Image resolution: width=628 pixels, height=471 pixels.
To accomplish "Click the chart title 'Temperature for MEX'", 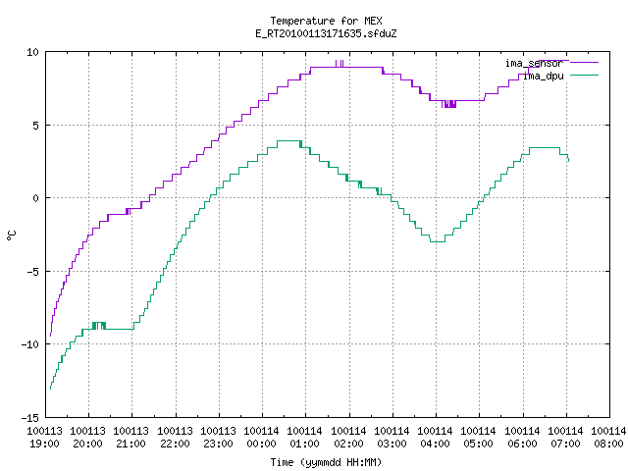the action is pos(326,21).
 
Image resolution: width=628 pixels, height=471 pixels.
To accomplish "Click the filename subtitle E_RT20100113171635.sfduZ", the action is pos(326,33).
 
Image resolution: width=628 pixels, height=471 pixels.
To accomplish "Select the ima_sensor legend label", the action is pos(534,63).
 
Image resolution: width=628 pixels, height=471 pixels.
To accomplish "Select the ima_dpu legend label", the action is pos(544,77).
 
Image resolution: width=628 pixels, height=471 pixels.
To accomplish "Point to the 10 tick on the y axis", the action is pos(32,52).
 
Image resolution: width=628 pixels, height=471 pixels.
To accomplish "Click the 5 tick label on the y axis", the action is pos(36,126).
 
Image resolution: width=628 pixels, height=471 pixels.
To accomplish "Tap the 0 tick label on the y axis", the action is pos(36,198).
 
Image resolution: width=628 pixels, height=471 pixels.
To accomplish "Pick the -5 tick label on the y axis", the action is pos(32,272).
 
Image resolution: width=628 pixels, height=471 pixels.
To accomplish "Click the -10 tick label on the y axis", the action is pos(29,344).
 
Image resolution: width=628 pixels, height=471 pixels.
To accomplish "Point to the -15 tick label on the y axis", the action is pos(29,418).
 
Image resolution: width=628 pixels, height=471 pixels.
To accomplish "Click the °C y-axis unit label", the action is pos(11,235).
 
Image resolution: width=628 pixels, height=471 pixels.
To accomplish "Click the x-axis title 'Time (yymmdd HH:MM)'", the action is pos(326,462).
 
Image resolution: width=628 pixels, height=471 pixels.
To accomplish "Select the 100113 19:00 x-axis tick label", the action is pos(44,438).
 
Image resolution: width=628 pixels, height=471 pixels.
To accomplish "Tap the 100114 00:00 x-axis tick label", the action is pos(262,438).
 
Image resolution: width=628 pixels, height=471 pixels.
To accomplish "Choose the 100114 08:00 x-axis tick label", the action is pos(608,438).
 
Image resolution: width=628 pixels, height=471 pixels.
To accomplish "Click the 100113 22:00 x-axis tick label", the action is pos(175,438).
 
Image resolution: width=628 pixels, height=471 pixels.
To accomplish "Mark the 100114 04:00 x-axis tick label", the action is pos(435,438).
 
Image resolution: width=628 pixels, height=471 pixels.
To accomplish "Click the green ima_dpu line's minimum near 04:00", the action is pos(438,242).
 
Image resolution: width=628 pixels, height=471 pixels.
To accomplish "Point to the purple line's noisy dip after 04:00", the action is pos(449,104).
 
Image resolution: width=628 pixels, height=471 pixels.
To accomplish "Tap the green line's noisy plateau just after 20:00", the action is pos(99,326).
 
